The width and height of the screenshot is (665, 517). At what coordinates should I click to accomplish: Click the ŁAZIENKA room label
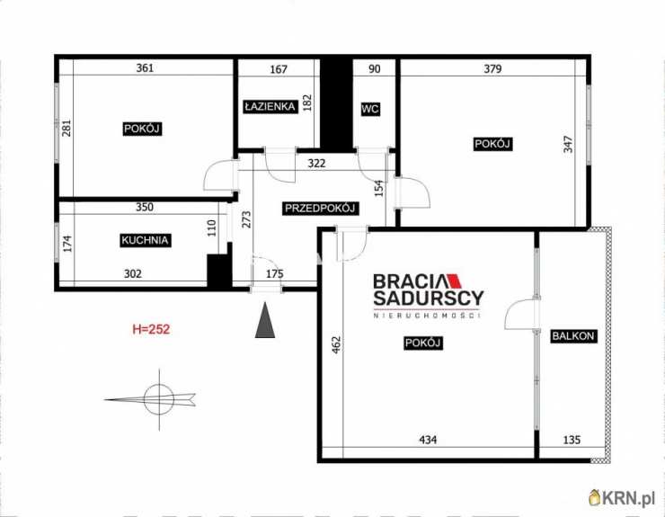point(270,106)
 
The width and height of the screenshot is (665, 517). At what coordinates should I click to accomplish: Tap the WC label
point(370,109)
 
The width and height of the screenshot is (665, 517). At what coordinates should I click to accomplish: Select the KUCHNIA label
point(145,240)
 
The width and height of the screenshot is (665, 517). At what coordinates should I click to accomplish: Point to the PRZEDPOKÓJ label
point(320,208)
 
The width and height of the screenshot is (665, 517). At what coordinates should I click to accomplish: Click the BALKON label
point(573,335)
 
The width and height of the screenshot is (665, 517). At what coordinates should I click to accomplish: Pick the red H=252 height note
point(151,329)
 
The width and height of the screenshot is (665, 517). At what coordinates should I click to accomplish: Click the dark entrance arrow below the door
point(265,319)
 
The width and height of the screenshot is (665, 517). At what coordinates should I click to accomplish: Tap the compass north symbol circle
point(159,399)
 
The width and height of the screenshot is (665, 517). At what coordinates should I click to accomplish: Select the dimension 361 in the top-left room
point(145,68)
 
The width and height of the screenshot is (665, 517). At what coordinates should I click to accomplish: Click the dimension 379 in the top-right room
point(492,68)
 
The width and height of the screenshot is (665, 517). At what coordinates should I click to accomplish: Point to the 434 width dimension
point(428,440)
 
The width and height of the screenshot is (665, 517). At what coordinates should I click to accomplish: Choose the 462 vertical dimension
point(336,344)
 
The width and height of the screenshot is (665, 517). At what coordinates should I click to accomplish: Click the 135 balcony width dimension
point(572,440)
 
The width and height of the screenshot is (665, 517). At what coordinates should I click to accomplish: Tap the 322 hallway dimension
point(317,164)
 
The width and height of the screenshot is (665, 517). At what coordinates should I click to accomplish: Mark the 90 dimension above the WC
point(375,68)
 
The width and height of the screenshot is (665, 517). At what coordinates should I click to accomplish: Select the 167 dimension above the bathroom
point(279,68)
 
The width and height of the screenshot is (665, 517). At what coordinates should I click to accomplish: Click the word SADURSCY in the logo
point(429,298)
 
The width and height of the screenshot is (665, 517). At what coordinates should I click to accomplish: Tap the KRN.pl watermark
point(622,497)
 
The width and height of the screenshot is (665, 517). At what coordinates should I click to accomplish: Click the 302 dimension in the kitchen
point(133,274)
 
